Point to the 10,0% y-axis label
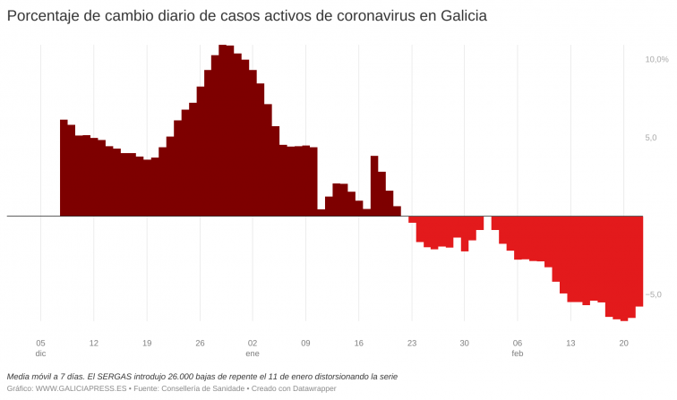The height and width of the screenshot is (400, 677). pos(656,59)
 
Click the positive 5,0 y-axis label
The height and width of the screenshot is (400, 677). pos(650,138)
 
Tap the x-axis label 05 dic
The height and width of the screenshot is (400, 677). pos(40,348)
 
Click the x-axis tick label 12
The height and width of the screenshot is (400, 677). pos(93,343)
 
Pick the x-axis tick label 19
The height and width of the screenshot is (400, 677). pos(147,343)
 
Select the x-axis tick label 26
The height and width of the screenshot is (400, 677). pos(200,343)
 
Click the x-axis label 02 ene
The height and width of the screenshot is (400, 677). pos(253,348)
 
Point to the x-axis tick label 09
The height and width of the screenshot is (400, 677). pos(305,343)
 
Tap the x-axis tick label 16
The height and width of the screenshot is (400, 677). pos(358,343)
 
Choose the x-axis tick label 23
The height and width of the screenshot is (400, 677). pos(412,343)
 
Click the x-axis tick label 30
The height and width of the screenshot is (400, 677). pos(465,343)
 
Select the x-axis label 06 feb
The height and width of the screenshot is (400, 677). pos(518,348)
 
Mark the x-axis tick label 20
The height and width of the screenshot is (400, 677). pos(623,343)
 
